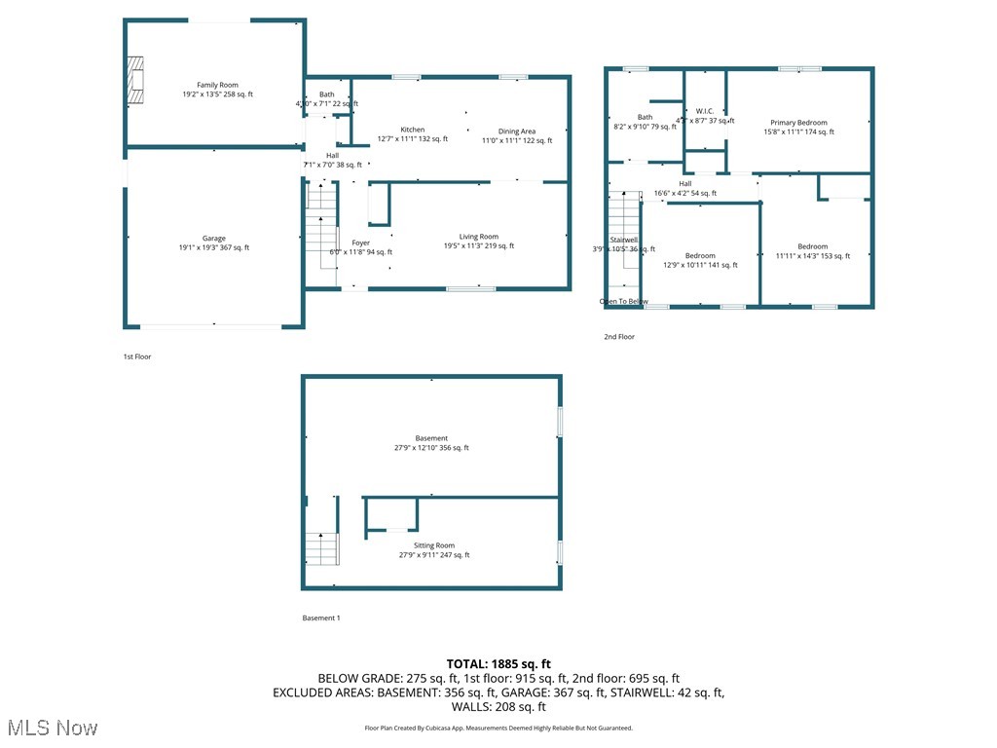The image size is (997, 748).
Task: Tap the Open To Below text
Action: (623, 302)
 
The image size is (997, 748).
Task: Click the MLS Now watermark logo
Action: (52, 728)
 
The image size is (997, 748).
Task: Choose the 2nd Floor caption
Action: (618, 337)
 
